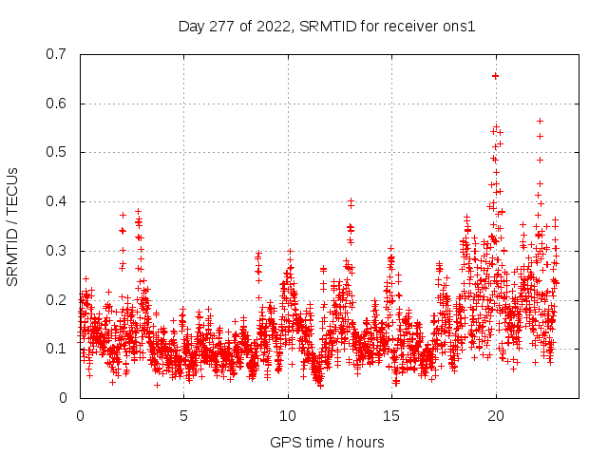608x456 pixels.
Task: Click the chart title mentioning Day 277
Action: coord(327,26)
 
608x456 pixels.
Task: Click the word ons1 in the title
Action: coord(459,26)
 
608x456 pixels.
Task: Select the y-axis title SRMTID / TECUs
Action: coord(13,225)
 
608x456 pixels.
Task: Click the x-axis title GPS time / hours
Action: coord(327,441)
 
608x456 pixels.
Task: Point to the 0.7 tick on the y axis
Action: coord(59,54)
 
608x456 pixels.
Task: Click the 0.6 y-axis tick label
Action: coord(59,104)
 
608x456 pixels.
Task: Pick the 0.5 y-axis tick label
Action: coord(59,152)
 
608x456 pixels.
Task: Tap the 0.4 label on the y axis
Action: coord(59,201)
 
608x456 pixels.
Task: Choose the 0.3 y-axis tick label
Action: coord(59,251)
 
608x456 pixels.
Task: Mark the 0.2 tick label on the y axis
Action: coord(59,299)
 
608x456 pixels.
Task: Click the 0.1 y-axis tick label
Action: coord(59,349)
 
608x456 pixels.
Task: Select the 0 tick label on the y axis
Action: coord(66,398)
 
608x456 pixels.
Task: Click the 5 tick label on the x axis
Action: coord(183,415)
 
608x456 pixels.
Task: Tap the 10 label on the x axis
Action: coord(287,415)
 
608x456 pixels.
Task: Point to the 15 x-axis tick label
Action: coord(391,415)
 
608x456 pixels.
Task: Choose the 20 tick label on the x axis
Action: coord(495,415)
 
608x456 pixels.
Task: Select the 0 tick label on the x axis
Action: coord(80,415)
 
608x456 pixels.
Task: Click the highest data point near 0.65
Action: coord(495,75)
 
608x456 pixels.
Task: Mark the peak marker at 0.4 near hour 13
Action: coord(351,201)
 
